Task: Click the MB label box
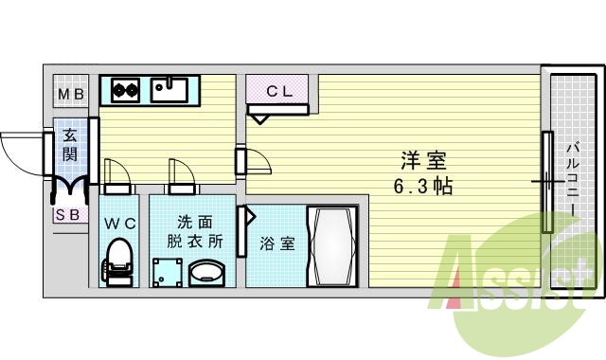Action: click(70, 93)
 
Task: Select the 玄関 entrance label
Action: click(69, 144)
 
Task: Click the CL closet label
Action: click(278, 92)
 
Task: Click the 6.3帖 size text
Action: click(423, 187)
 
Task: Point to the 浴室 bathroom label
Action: click(277, 243)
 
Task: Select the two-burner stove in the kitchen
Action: click(126, 91)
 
